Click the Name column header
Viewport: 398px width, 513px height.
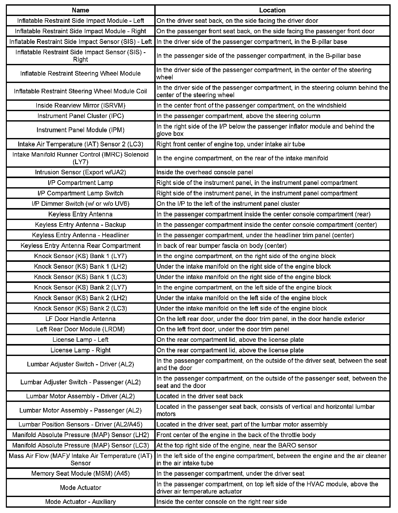click(80, 10)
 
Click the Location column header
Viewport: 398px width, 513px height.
click(272, 10)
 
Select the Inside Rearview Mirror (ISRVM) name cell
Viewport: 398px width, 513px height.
click(80, 105)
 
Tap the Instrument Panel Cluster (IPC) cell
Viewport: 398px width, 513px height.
click(80, 116)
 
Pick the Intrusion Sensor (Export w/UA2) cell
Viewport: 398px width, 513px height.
click(80, 172)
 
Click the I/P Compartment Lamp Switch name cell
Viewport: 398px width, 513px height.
click(80, 193)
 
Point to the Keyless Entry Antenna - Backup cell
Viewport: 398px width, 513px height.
click(80, 225)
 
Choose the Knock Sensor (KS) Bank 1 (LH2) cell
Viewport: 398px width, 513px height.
click(80, 266)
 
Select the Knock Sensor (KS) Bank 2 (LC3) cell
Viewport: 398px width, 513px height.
click(80, 308)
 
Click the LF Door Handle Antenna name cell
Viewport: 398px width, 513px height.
click(80, 319)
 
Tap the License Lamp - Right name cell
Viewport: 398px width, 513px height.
click(80, 350)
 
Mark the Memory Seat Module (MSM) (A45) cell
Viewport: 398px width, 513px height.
click(80, 473)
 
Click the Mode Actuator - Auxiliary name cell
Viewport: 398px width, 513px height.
click(80, 502)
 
